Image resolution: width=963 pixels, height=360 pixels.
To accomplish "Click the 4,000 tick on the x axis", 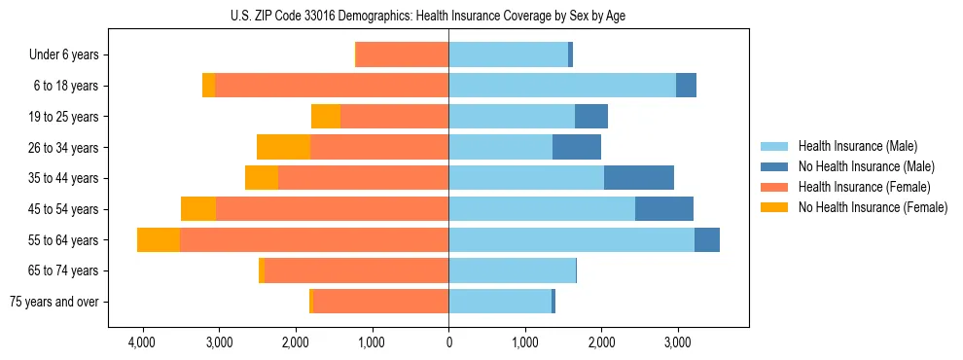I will (x=142, y=342).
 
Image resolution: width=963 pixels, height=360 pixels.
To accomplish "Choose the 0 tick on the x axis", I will (x=448, y=342).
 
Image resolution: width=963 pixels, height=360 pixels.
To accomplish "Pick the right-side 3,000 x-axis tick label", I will (x=678, y=342).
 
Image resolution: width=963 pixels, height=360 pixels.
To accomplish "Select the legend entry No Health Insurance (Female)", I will (x=873, y=207).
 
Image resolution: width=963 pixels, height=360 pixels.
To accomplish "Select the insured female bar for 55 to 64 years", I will (x=314, y=240).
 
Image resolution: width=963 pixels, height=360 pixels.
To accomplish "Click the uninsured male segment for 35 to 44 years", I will (x=639, y=178).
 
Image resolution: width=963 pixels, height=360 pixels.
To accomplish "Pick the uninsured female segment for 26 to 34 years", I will (x=283, y=147).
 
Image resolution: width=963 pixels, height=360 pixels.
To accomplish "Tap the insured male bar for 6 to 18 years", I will (x=562, y=86).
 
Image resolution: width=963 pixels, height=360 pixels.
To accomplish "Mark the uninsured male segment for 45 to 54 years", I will (x=664, y=209).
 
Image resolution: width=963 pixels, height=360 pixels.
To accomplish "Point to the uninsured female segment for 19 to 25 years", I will (x=326, y=117).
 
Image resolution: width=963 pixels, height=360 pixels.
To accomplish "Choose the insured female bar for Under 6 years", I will (x=403, y=55).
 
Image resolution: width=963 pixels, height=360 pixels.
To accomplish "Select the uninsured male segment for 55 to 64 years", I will (x=707, y=240).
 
